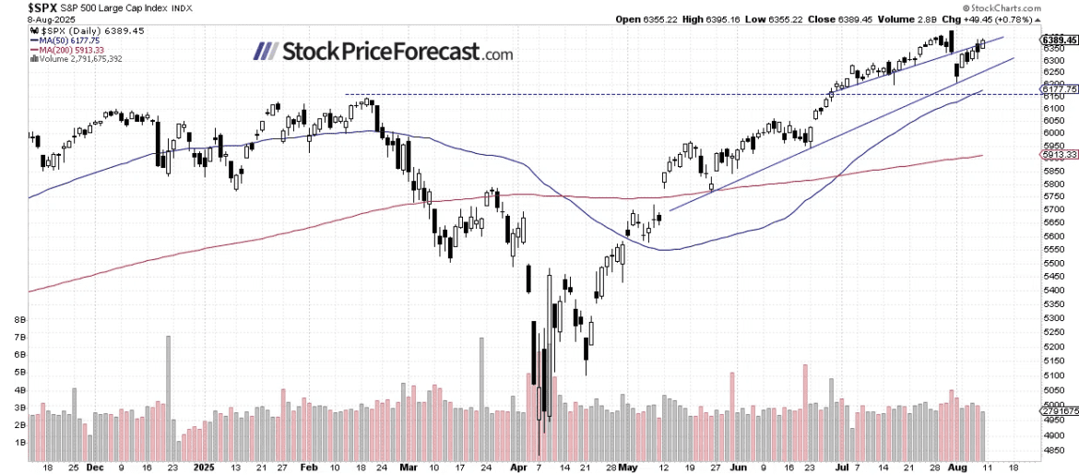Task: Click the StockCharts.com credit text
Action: [1038, 7]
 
